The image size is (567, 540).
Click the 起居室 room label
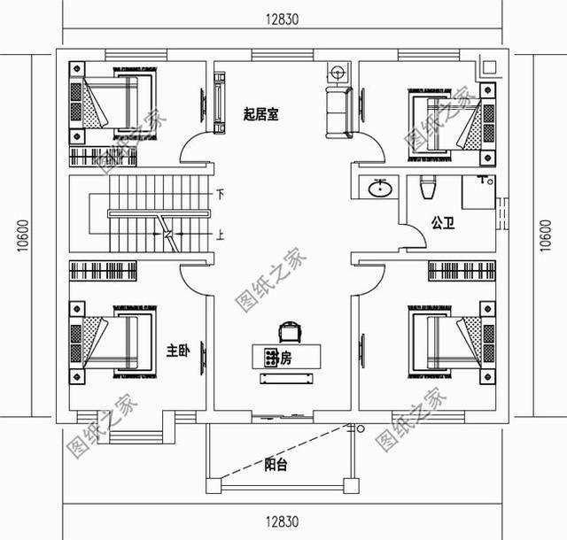pos(260,114)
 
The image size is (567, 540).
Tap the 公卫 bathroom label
pos(443,223)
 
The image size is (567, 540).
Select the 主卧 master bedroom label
pos(178,351)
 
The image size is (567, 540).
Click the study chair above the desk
pos(289,331)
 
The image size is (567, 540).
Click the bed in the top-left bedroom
pos(111,103)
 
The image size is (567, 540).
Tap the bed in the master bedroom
pos(111,341)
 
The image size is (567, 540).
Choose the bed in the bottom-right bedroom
pos(452,343)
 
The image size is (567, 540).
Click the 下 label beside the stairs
pos(219,194)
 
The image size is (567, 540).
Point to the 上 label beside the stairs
pos(219,235)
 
